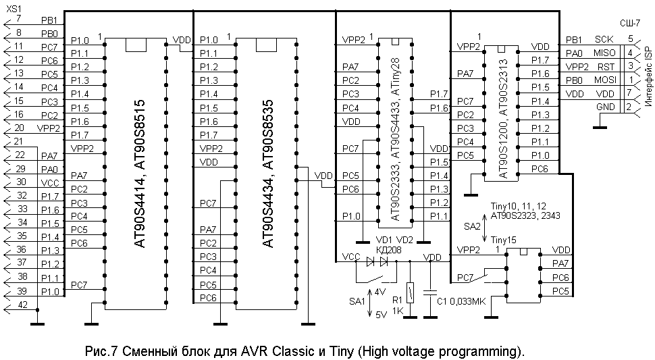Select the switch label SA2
473,226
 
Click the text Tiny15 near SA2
504,240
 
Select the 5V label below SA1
382,313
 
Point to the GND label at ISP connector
606,107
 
